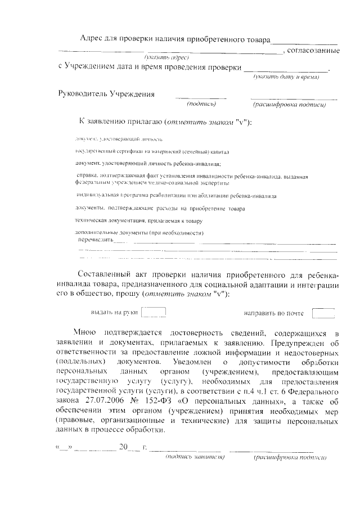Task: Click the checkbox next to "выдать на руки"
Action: pyautogui.click(x=154, y=313)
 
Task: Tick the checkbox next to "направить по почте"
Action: pyautogui.click(x=323, y=313)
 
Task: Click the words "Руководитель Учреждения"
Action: pyautogui.click(x=107, y=93)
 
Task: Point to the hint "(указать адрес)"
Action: pyautogui.click(x=167, y=58)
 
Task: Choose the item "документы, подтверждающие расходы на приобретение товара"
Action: pyautogui.click(x=160, y=209)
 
